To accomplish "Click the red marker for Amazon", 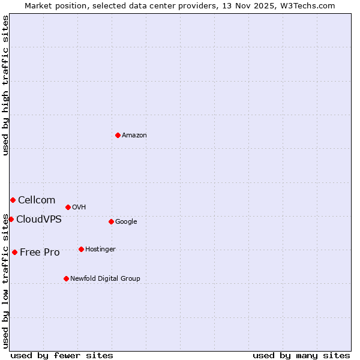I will [118, 135].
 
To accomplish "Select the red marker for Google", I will [111, 221].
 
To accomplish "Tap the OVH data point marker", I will [68, 207].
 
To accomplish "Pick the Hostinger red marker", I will [81, 249].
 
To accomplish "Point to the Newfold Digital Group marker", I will [66, 278].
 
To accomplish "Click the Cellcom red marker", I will [13, 200].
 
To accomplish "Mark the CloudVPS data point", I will [11, 219].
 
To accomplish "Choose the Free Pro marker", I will [14, 252].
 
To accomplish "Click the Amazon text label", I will [134, 136].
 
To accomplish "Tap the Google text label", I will [126, 222].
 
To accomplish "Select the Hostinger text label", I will [100, 250].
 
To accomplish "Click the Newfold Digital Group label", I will [105, 279].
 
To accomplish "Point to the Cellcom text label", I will [37, 200].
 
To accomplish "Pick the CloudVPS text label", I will [39, 220].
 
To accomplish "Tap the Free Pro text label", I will [40, 253].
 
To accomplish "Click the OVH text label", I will [79, 208].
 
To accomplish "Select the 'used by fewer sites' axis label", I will [62, 356].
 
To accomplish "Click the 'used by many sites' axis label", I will [301, 356].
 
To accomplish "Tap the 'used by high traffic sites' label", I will [6, 85].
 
